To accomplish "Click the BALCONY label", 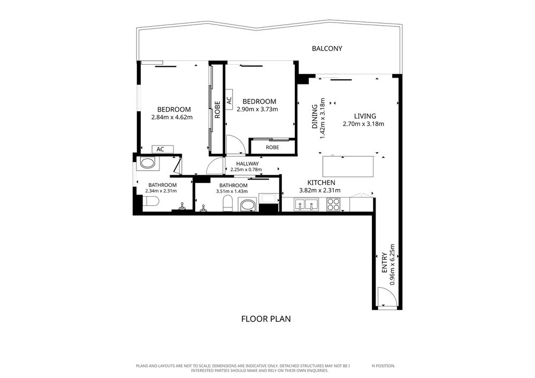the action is click(327, 49).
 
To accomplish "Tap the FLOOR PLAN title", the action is click(266, 319).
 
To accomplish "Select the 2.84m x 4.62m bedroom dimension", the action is click(172, 117).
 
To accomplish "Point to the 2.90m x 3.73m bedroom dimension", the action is click(257, 109).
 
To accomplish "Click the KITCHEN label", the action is click(322, 183).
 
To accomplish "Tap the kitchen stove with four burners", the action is click(333, 204).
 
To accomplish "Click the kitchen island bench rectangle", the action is click(348, 166).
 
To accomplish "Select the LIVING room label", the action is click(365, 116).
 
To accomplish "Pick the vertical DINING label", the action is click(315, 117).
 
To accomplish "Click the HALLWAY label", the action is click(247, 164).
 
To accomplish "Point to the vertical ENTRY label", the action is click(385, 263).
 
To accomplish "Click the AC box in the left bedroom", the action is click(163, 149).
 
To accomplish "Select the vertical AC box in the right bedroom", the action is click(229, 100).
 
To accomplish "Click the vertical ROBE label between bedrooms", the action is click(217, 110).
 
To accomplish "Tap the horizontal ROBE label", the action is click(272, 147).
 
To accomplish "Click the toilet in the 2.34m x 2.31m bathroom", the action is click(151, 201).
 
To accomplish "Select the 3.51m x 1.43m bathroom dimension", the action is click(232, 191).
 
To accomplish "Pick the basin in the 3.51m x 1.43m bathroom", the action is click(247, 205).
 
